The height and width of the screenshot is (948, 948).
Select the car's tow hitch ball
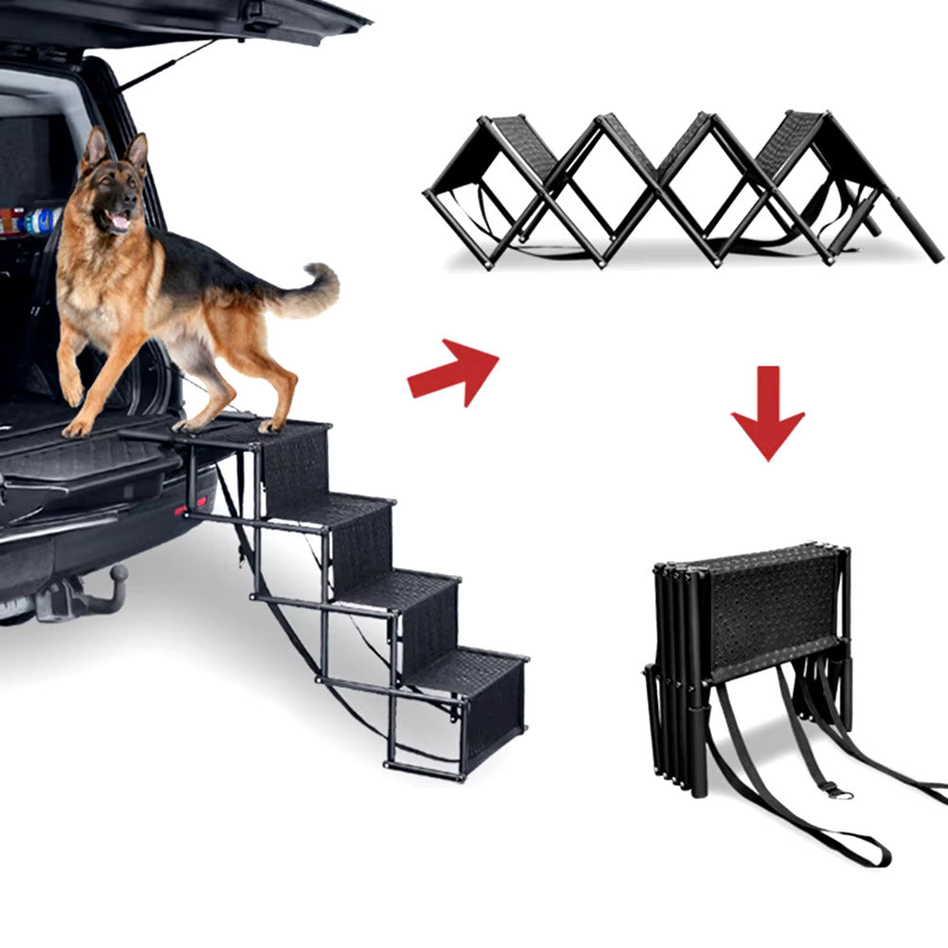click(118, 574)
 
